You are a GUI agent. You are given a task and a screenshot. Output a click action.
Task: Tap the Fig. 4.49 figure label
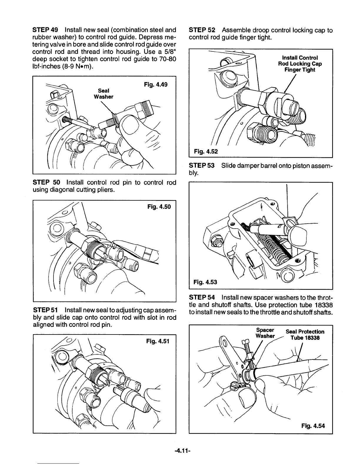pyautogui.click(x=156, y=85)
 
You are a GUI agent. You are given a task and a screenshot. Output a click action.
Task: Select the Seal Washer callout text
pyautogui.click(x=104, y=94)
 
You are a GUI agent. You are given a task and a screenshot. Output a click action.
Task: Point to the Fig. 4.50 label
pyautogui.click(x=159, y=207)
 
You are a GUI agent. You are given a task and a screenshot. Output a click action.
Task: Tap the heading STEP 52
pyautogui.click(x=202, y=30)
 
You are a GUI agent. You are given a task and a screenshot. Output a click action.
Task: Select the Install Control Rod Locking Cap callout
pyautogui.click(x=300, y=64)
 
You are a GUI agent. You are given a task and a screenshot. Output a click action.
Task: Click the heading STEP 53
pyautogui.click(x=202, y=166)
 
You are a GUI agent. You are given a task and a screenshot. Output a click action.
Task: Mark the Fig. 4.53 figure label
pyautogui.click(x=205, y=282)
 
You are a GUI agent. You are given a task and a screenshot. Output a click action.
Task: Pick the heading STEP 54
pyautogui.click(x=202, y=297)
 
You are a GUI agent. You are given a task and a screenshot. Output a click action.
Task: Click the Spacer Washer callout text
pyautogui.click(x=265, y=333)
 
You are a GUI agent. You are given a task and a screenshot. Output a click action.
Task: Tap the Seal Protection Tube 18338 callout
pyautogui.click(x=305, y=334)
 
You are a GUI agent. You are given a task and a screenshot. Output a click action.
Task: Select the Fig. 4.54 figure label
pyautogui.click(x=313, y=426)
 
